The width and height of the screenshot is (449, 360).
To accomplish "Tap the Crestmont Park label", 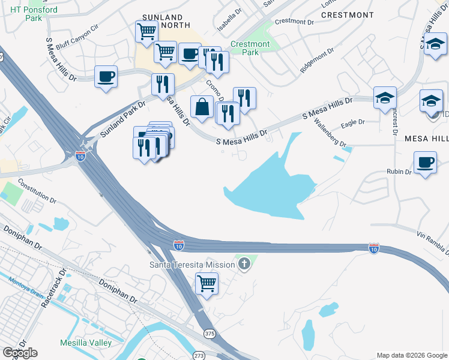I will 250,48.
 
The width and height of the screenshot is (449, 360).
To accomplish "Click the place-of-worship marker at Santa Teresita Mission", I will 244,264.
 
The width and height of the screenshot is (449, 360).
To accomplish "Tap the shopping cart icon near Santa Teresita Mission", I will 206,283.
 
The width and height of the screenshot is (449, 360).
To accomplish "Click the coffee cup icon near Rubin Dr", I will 425,163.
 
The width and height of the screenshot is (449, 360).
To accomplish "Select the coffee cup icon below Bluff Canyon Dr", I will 106,77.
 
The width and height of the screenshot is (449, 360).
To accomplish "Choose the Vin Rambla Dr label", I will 432,239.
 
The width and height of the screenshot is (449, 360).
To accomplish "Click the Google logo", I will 20,353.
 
